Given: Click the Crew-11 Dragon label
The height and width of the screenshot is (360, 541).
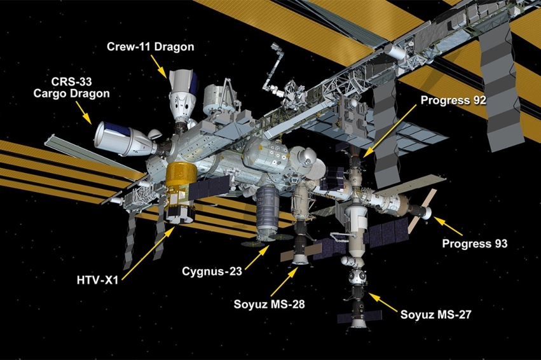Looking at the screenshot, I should (x=151, y=46).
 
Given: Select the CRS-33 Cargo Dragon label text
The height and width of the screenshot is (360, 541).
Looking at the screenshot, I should (x=81, y=87).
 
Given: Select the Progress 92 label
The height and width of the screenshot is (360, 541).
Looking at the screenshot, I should (x=454, y=100).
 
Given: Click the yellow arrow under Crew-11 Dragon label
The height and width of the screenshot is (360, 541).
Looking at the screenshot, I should (x=160, y=66).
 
